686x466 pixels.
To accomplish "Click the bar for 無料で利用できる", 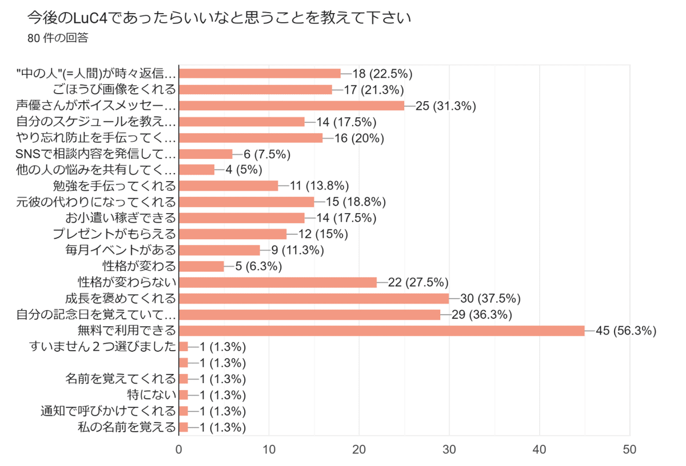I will tap(382, 331).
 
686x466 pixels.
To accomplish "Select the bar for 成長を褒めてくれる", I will tap(314, 298).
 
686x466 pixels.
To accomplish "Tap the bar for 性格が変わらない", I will tap(278, 282).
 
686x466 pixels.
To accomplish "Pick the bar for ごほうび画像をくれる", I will tap(256, 89).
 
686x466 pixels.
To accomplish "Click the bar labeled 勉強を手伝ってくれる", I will tap(229, 186).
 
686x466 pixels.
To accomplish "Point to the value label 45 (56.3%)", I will tap(627, 331).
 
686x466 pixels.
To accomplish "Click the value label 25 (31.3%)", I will tap(446, 106).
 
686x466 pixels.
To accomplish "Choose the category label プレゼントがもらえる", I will tap(114, 234).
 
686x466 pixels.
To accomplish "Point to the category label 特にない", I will tap(151, 395).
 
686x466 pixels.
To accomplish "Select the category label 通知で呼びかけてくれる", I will tap(108, 411).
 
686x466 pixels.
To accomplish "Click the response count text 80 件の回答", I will tap(57, 39).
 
